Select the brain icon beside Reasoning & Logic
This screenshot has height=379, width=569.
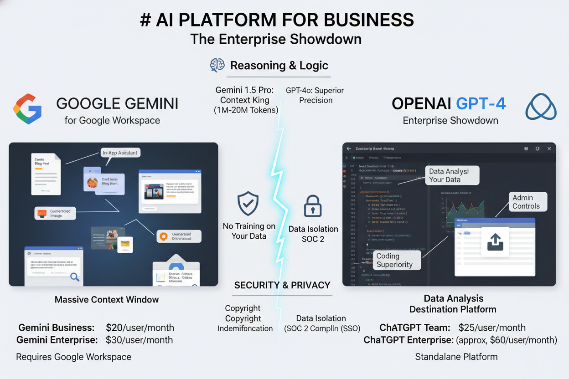[x=217, y=65]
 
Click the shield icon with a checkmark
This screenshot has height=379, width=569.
[x=248, y=204]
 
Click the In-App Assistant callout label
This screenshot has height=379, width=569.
[x=120, y=153]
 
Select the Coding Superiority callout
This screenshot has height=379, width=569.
[x=395, y=260]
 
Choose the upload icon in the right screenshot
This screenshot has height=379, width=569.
[x=495, y=242]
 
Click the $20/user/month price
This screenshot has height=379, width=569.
[x=140, y=328]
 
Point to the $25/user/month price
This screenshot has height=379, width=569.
[x=492, y=328]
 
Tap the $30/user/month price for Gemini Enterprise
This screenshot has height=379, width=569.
[x=139, y=340]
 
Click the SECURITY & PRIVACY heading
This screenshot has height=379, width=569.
[x=282, y=285]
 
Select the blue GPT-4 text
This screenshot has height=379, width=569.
[x=477, y=104]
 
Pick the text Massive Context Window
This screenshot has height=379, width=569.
[x=107, y=300]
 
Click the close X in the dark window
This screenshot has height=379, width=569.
[x=549, y=149]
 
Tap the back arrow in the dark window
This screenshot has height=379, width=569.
[x=349, y=149]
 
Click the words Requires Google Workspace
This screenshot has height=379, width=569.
[x=74, y=357]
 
